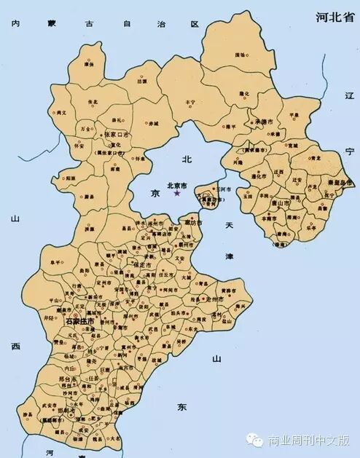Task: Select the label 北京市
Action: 178,185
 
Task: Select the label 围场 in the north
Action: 240,55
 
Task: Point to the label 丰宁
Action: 190,102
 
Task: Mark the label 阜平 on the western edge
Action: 56,262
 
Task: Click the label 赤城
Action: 152,125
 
